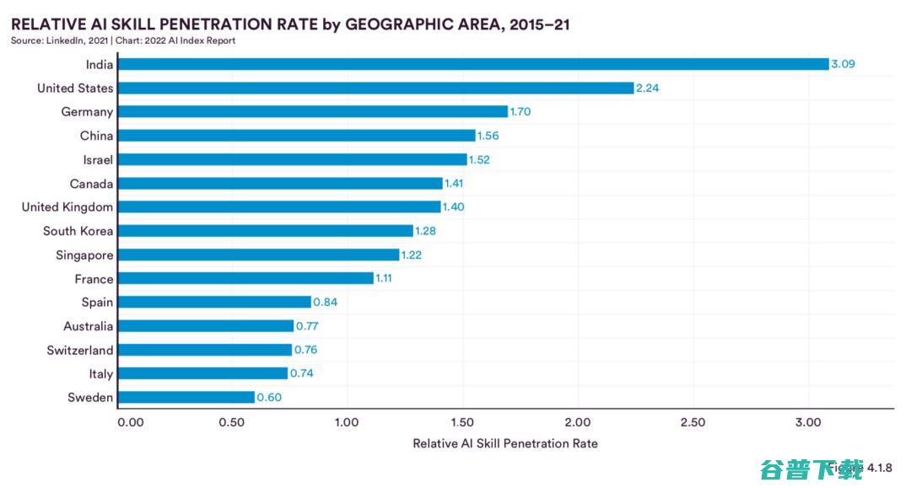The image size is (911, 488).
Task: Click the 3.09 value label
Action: [x=843, y=64]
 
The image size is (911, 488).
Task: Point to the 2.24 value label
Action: [x=647, y=88]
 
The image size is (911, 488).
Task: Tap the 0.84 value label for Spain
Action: [x=325, y=302]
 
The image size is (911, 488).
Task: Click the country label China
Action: [x=96, y=136]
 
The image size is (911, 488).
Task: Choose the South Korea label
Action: [x=78, y=231]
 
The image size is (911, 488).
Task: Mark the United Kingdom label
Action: [x=67, y=206]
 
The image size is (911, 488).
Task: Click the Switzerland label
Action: [x=80, y=350]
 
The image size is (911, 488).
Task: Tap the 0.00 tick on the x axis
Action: [x=131, y=421]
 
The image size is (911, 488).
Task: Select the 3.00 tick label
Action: [x=808, y=421]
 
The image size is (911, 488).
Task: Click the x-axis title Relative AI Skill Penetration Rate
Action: [x=504, y=443]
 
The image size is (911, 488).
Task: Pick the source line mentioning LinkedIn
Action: [x=123, y=40]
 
